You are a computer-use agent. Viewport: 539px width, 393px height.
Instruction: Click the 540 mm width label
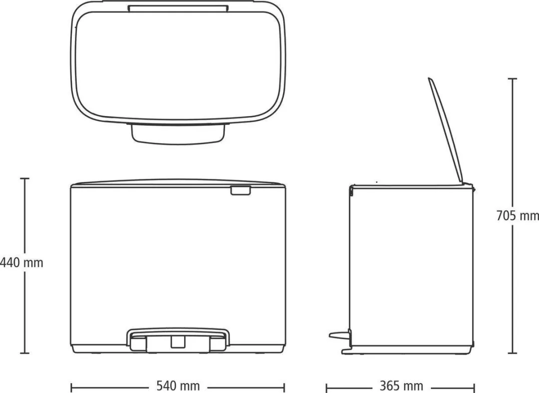tap(178, 386)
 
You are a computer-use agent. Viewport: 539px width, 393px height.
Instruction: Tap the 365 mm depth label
tap(401, 386)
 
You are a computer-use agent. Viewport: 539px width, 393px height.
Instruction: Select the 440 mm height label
tap(21, 263)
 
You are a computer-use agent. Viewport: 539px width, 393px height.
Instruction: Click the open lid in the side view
tap(446, 131)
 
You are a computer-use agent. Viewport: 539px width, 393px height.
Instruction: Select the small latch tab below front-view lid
tap(240, 191)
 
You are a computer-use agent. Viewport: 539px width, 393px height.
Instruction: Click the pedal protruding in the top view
tap(178, 132)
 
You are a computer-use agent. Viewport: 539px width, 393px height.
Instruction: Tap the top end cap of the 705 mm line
tap(513, 79)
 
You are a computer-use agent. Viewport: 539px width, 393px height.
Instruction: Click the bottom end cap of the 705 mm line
tap(513, 353)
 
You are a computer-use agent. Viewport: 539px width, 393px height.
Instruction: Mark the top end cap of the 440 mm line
tap(24, 179)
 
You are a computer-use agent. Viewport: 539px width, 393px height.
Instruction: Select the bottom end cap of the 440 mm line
tap(24, 353)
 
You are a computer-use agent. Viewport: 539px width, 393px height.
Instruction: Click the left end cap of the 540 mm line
tap(71, 387)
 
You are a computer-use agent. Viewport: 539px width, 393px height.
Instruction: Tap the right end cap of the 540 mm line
tap(284, 387)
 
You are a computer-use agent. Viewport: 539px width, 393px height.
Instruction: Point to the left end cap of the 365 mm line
tap(326, 387)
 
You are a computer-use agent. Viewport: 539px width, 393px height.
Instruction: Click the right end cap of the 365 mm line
tap(475, 387)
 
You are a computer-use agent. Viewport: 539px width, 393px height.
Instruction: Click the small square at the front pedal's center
tap(178, 342)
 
